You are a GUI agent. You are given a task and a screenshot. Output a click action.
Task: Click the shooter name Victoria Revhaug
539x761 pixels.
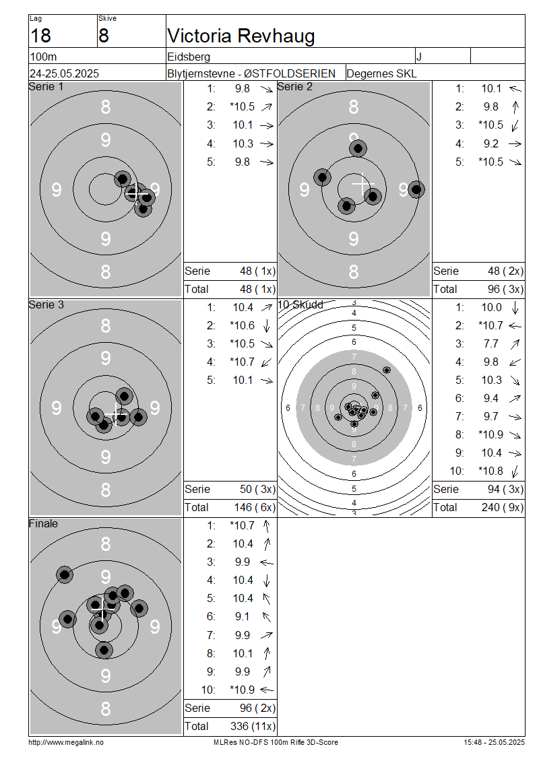(241, 36)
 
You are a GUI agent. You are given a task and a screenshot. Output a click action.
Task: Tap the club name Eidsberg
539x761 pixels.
(189, 57)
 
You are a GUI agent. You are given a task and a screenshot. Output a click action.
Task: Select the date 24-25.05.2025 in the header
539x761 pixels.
(64, 73)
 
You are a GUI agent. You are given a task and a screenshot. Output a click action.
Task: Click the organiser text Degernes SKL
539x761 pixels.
(381, 73)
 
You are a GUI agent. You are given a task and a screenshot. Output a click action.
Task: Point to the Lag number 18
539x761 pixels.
(40, 36)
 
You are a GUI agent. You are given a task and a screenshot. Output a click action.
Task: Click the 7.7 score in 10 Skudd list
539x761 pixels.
(490, 343)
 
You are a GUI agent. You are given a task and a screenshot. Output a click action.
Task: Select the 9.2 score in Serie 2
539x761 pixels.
(490, 143)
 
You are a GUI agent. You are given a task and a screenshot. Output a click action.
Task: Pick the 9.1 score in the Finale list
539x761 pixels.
(242, 616)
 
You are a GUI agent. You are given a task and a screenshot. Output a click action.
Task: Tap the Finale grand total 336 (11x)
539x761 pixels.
(253, 726)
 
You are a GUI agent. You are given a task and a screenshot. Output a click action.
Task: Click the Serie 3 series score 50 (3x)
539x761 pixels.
(257, 489)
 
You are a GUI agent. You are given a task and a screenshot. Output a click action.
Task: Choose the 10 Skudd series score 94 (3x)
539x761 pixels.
(505, 489)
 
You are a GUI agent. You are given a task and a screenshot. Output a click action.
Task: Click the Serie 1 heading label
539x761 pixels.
(46, 86)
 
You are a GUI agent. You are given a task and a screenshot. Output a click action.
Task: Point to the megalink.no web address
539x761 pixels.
(66, 742)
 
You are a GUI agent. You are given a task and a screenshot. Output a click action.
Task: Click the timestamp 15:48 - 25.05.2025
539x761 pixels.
(494, 742)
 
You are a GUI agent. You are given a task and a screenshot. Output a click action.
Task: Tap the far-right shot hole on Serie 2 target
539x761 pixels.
(416, 189)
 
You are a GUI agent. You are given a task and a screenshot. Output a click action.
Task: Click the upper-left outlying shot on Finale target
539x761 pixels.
(65, 575)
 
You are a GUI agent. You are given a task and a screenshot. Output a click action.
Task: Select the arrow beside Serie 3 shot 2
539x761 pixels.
(266, 326)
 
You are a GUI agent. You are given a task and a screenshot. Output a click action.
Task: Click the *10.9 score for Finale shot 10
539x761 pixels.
(242, 690)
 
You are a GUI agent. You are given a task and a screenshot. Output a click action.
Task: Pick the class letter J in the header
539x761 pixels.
(418, 57)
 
